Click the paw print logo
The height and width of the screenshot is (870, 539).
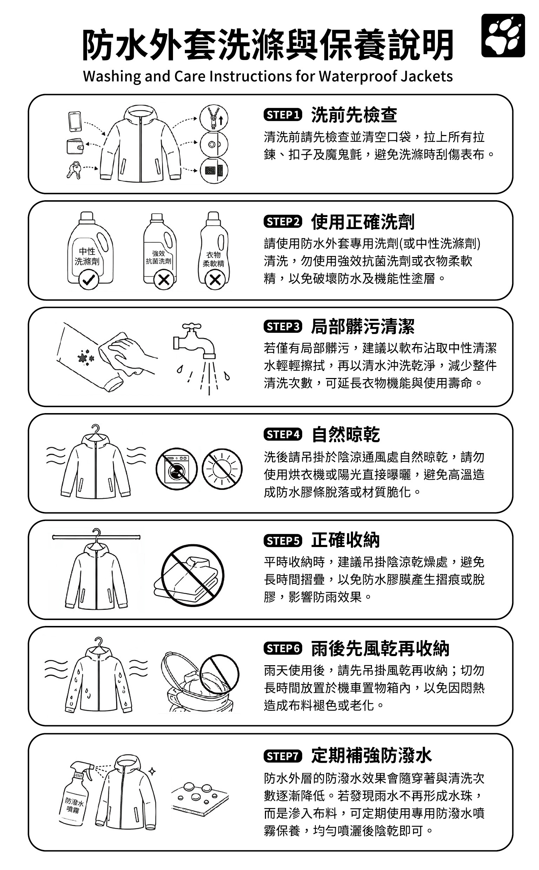point(503,36)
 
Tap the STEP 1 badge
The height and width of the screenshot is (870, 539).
point(283,115)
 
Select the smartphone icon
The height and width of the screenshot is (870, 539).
point(75,122)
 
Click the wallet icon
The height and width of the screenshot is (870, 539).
point(75,146)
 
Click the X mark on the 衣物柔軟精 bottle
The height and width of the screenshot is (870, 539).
point(215,280)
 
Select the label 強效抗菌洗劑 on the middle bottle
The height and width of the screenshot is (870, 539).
point(159,257)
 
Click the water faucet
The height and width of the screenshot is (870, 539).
point(194,340)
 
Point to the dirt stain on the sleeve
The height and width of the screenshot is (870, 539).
point(86,357)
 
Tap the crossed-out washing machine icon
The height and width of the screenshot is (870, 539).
point(177,468)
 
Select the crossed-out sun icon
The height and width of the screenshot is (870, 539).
point(222,468)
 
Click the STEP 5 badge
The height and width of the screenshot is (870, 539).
point(283,541)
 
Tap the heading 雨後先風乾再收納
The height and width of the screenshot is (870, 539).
point(380,648)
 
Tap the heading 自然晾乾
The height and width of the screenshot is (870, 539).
point(345,434)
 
